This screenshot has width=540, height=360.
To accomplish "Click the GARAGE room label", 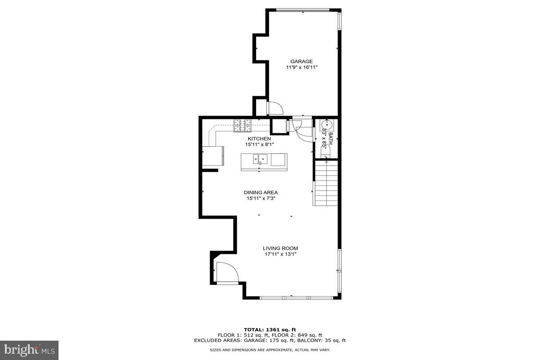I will click(301, 62).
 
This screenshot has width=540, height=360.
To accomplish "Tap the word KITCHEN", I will click(260, 139).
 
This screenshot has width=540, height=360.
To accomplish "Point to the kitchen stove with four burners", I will click(242, 125).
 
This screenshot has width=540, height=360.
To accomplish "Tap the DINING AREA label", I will click(261, 193).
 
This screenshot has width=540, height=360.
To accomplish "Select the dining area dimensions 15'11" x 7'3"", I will click(261, 198).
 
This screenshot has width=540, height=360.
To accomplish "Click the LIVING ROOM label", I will click(280, 248).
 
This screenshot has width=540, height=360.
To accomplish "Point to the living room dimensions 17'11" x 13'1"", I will click(280, 254).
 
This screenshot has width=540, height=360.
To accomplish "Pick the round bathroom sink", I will click(327, 124).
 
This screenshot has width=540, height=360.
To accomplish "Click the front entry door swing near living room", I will click(226, 273).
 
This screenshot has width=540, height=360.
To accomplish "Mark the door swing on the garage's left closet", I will click(274, 108).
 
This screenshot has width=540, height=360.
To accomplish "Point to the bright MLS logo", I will click(29, 350).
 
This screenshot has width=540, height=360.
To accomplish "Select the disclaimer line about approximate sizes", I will click(270, 350).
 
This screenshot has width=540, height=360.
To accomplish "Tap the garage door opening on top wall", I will click(302, 10).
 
